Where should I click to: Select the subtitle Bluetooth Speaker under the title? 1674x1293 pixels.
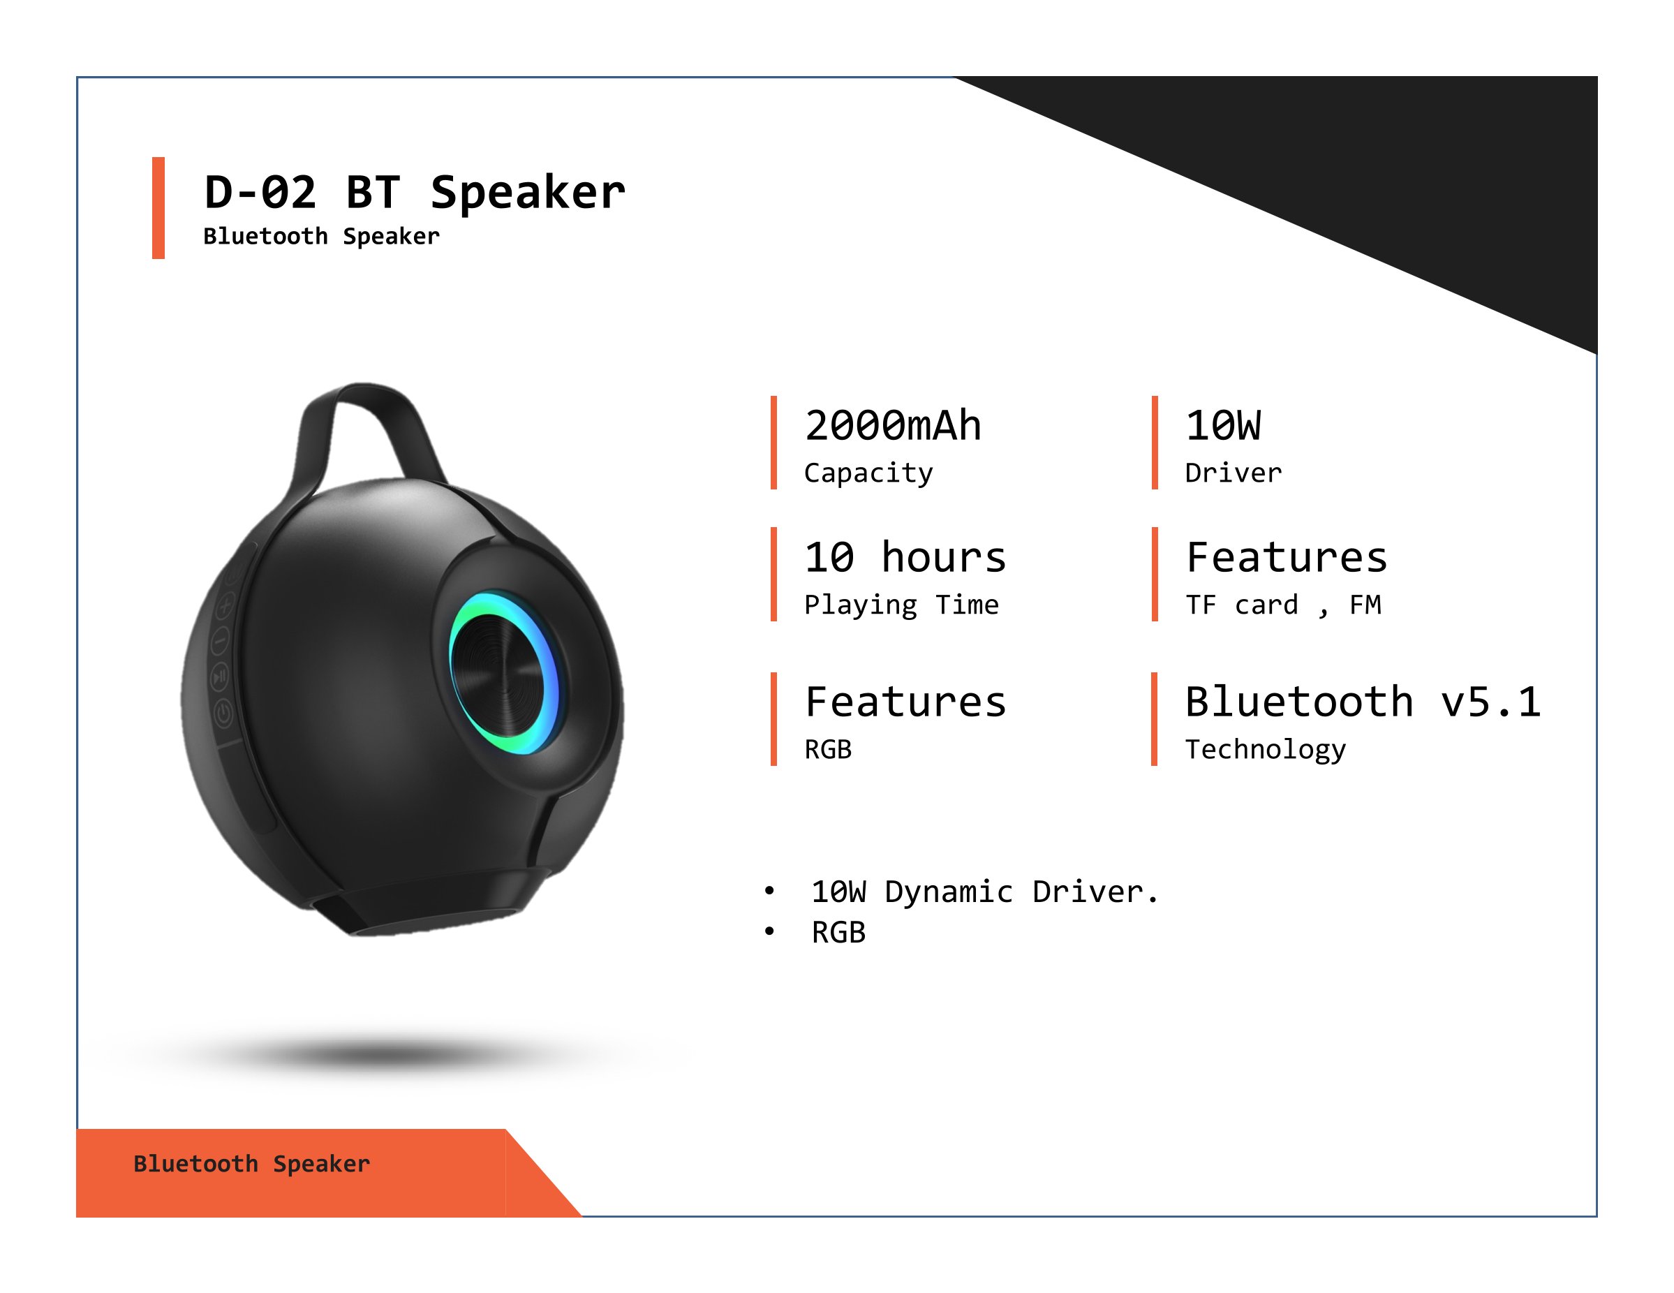pos(321,236)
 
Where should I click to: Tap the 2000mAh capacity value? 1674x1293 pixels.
pos(893,425)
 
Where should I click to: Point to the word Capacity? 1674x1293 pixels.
pos(868,473)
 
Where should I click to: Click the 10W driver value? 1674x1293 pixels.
pos(1223,425)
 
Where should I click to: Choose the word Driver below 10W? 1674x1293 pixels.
pos(1234,473)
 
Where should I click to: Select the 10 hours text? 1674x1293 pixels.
pos(905,556)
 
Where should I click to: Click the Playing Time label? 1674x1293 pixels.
pos(901,605)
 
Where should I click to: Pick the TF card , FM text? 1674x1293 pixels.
pos(1283,605)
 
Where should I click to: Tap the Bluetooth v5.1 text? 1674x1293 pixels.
pos(1363,701)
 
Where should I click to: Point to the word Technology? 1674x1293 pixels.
pos(1266,750)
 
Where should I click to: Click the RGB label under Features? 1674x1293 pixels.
pos(828,750)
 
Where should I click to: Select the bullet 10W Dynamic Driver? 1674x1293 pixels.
pos(985,892)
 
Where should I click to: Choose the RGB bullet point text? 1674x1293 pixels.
pos(838,933)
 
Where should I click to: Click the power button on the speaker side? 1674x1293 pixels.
pos(223,715)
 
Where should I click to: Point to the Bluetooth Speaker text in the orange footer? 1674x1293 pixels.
pos(251,1163)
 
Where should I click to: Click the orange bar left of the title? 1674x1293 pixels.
pos(158,208)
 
